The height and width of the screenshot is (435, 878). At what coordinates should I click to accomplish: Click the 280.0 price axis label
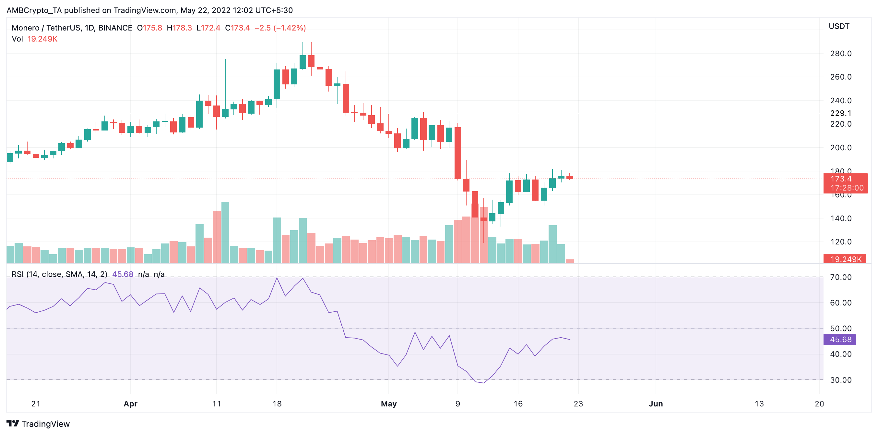[840, 54]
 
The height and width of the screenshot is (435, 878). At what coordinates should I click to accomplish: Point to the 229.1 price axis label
[840, 113]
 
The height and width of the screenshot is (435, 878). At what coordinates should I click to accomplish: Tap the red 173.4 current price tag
[841, 179]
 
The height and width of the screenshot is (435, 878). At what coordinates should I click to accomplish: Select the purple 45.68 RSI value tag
[840, 340]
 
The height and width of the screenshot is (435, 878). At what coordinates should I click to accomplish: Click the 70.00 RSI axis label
[840, 277]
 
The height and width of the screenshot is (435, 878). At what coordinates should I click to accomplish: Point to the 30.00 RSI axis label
[840, 380]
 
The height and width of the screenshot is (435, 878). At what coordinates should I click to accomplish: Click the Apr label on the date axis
[130, 404]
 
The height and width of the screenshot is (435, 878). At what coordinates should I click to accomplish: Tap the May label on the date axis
[388, 404]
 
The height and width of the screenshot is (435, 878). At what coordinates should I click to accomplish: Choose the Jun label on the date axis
[656, 404]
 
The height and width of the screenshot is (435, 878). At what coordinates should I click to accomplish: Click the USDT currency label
[839, 26]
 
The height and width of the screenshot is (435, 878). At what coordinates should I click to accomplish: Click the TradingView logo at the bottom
[38, 424]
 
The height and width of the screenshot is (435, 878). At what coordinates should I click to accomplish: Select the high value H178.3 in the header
[179, 28]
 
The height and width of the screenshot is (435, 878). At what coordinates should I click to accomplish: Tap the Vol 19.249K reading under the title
[34, 39]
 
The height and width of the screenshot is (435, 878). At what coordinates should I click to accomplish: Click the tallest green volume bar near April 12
[225, 232]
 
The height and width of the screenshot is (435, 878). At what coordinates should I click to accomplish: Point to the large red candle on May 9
[458, 153]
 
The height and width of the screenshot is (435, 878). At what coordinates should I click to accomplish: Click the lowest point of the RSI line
[483, 383]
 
